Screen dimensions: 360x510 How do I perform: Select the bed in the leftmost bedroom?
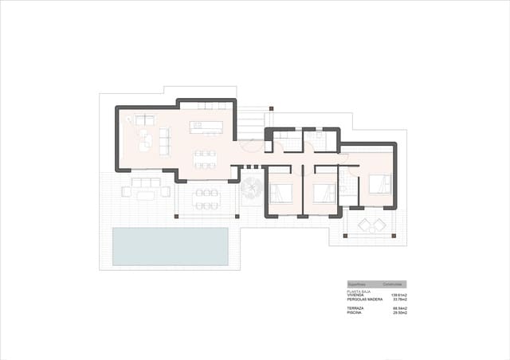(x=280, y=192)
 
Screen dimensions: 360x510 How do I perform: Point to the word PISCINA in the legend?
(x=355, y=313)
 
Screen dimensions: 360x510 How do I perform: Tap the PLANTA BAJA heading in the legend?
(x=359, y=292)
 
